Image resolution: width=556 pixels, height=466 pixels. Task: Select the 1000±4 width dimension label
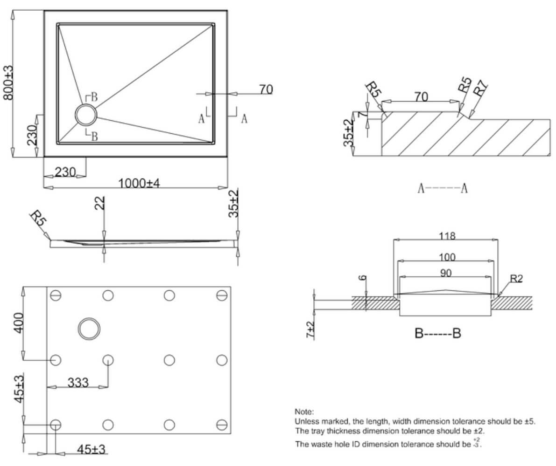coord(139,183)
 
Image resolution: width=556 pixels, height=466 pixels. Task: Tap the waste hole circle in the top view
coord(86,115)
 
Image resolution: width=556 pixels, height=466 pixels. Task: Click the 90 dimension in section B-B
coord(445,273)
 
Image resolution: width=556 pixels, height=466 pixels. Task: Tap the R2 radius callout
coord(516,279)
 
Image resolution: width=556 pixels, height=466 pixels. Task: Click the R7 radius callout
coord(481,89)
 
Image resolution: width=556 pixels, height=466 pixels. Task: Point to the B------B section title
coord(437,334)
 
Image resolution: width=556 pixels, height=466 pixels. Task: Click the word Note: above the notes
coord(304,412)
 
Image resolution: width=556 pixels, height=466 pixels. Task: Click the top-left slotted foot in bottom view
coord(56,295)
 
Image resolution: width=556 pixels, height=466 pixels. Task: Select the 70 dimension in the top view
coord(266,89)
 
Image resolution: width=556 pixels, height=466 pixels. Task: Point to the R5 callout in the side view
coord(38,219)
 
